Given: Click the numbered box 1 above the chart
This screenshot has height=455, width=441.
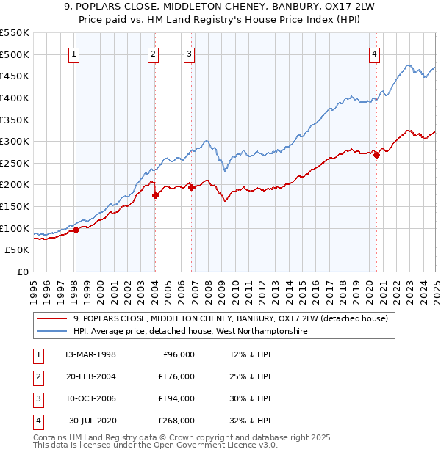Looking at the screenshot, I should [x=76, y=53].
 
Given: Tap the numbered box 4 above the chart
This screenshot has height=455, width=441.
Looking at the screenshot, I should [x=375, y=53].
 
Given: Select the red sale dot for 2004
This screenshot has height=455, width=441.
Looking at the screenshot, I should [x=156, y=195].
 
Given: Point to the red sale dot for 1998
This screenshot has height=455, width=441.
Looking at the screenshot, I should [x=76, y=230].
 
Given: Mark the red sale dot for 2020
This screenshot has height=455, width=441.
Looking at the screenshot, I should [x=376, y=155].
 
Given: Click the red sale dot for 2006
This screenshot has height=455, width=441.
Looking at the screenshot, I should [x=191, y=187].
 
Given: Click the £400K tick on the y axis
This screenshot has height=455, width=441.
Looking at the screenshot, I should [x=15, y=98].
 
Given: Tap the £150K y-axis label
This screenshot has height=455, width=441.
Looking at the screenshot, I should [x=15, y=206].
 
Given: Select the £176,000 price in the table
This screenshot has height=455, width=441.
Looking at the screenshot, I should [x=176, y=376].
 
